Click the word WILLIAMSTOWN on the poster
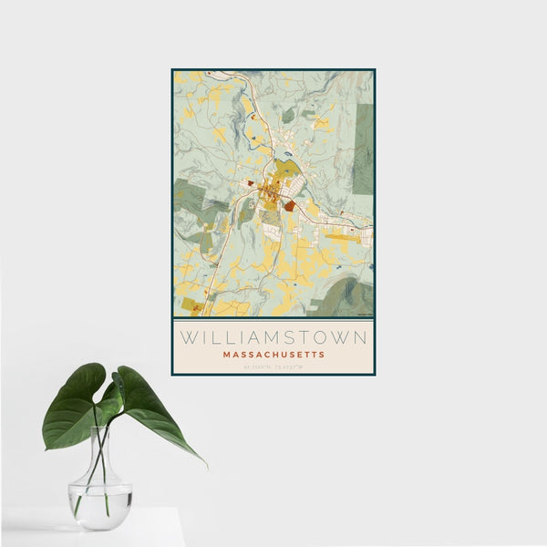273,337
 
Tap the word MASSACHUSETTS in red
273,355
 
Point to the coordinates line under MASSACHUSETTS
273,366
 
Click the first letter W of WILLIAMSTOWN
188,337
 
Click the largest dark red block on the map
290,207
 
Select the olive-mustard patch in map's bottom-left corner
191,304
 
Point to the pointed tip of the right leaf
206,466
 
